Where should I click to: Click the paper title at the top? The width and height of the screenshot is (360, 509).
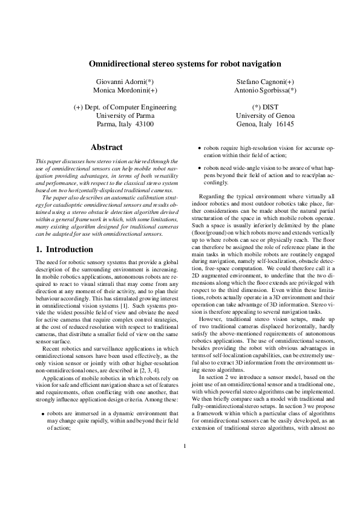pos(180,63)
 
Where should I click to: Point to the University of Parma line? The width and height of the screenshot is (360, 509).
pos(125,115)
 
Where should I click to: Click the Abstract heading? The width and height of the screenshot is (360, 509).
pos(106,147)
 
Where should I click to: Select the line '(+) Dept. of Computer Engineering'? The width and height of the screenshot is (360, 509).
pos(125,107)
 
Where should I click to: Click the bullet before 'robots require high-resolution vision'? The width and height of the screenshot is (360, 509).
pos(200,147)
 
